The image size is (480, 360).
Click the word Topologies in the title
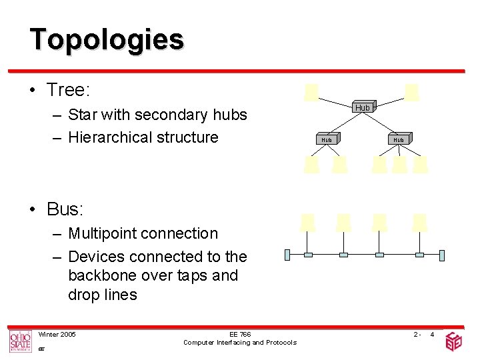pyautogui.click(x=107, y=39)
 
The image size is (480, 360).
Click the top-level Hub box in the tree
pyautogui.click(x=363, y=107)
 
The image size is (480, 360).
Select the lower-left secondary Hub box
pyautogui.click(x=327, y=139)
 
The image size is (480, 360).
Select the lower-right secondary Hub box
pyautogui.click(x=399, y=139)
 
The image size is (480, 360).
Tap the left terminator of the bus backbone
pyautogui.click(x=287, y=254)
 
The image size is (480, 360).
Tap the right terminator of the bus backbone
pyautogui.click(x=441, y=254)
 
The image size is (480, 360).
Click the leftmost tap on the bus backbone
pyautogui.click(x=308, y=254)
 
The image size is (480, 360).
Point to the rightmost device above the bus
pyautogui.click(x=419, y=222)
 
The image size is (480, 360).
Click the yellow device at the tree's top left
pyautogui.click(x=311, y=91)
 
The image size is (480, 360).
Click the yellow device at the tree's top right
pyautogui.click(x=412, y=91)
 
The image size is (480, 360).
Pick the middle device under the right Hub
pyautogui.click(x=399, y=164)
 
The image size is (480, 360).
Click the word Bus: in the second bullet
pyautogui.click(x=65, y=209)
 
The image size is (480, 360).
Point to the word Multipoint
pyautogui.click(x=101, y=233)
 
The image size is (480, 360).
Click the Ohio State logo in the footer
pyautogui.click(x=20, y=341)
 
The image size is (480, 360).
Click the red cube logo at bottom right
pyautogui.click(x=453, y=341)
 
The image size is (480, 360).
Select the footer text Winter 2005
pyautogui.click(x=57, y=334)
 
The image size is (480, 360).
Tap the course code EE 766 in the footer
pyautogui.click(x=240, y=334)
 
